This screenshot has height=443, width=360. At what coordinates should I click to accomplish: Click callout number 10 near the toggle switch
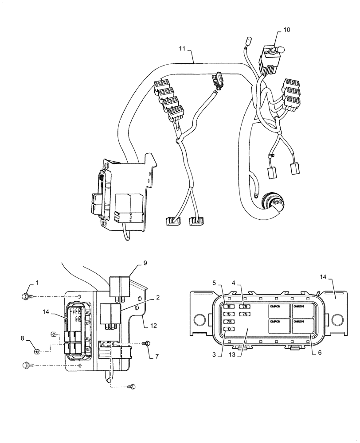point(286,30)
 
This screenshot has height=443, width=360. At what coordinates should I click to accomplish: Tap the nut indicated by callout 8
point(39,352)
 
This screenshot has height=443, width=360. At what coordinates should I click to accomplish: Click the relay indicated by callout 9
point(120,284)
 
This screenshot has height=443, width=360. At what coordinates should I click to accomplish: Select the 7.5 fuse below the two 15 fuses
point(230,322)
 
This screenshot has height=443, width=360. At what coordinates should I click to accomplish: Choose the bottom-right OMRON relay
point(303,326)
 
